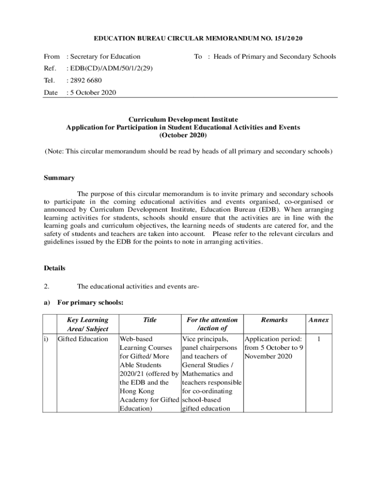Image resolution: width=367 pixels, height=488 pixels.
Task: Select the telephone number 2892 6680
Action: point(85,80)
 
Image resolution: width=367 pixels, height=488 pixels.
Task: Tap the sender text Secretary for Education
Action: point(105,56)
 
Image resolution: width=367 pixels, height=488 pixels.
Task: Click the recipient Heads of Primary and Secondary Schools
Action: point(275,56)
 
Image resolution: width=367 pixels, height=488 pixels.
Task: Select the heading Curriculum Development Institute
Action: point(183,119)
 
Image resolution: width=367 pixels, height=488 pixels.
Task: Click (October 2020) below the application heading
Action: point(183,135)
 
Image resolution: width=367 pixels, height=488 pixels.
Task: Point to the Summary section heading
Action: point(59,178)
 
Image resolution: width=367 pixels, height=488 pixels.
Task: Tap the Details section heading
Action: point(54,268)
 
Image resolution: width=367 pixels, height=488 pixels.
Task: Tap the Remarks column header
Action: point(274,320)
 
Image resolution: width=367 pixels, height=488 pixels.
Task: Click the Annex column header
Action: point(318,320)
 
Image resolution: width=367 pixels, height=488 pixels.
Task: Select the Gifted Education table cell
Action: point(82,339)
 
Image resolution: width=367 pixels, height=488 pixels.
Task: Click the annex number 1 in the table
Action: point(318,339)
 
